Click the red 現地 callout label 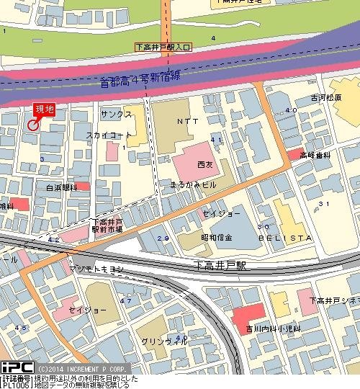click(44, 109)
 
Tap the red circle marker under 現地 click(33, 125)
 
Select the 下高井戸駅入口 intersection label click(163, 47)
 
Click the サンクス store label click(116, 115)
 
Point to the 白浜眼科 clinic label click(61, 187)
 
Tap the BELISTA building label click(277, 238)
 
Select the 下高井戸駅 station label click(220, 265)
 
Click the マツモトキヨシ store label click(98, 269)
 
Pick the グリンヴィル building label click(159, 341)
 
